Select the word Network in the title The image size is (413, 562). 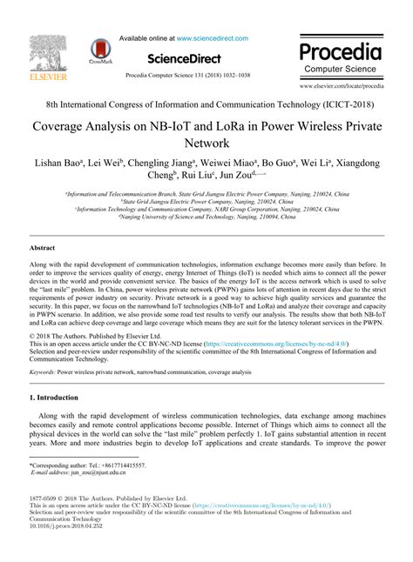tap(206, 142)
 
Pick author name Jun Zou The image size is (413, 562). tap(253, 179)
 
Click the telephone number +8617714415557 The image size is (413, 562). tap(122, 467)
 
